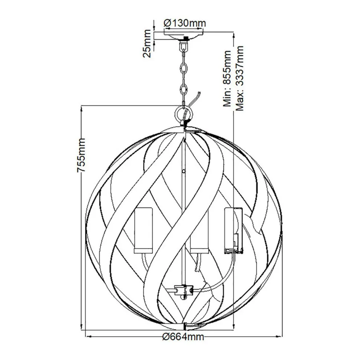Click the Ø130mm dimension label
coord(184,23)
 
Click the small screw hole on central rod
coord(185,171)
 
